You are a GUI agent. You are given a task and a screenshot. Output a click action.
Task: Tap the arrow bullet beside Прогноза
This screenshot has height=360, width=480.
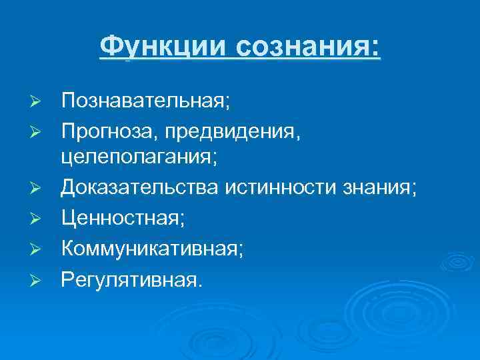click(x=38, y=131)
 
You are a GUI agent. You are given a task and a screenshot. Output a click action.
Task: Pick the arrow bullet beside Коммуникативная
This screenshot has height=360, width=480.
click(x=38, y=249)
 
